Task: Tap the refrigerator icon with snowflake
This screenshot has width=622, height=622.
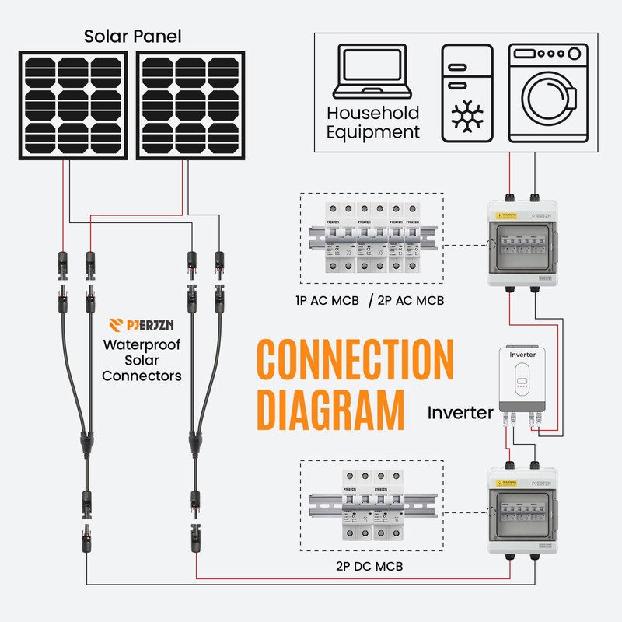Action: (x=467, y=93)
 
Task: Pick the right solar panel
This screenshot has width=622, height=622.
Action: (x=190, y=105)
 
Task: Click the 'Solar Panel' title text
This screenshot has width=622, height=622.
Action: (x=134, y=36)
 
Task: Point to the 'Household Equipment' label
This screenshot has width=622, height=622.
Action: (x=373, y=123)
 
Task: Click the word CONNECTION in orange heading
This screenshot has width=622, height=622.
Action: (x=355, y=360)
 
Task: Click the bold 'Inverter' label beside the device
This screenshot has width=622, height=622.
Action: (x=460, y=412)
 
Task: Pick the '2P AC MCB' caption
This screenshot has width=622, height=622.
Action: (x=410, y=300)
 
